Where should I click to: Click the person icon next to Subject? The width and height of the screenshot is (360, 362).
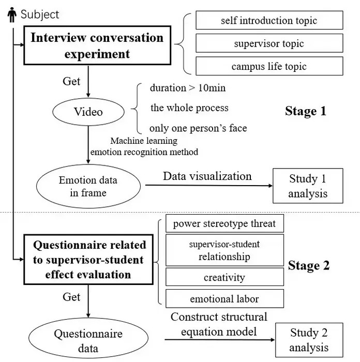[x=12, y=14]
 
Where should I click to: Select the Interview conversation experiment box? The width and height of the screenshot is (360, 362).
[x=97, y=46]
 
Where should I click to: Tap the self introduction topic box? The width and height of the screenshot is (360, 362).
[x=269, y=21]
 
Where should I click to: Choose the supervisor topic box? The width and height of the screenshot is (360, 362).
[x=269, y=43]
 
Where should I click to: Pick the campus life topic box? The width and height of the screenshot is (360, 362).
[x=269, y=66]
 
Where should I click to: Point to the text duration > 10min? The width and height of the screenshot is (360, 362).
[x=188, y=88]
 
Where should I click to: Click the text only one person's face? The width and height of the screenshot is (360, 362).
[x=198, y=128]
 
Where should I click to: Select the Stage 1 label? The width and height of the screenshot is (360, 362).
[x=306, y=111]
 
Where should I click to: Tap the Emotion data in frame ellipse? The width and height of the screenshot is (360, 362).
[x=88, y=187]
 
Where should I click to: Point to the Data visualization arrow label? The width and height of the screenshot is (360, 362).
[x=207, y=176]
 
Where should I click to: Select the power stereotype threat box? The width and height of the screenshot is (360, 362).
[x=224, y=224]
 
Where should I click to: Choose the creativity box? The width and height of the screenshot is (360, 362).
[x=224, y=277]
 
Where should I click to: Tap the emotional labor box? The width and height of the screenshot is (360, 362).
[x=224, y=298]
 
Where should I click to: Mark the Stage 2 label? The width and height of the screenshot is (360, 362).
[x=309, y=266]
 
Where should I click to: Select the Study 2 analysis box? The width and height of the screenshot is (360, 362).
[x=309, y=340]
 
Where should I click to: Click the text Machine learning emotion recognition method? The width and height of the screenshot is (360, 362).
[x=144, y=146]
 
